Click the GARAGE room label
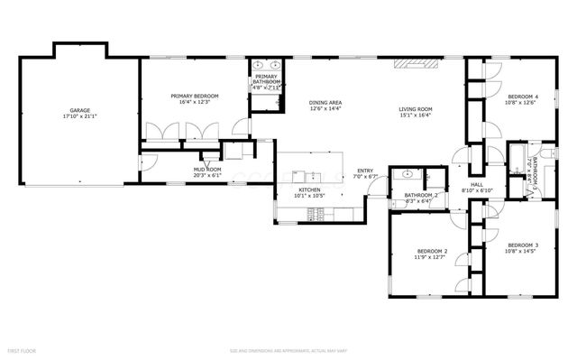79,110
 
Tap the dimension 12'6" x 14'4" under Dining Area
325,110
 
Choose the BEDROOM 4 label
522,97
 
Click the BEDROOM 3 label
522,245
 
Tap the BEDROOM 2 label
432,251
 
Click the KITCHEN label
309,189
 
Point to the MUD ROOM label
206,169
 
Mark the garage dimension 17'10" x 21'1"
79,116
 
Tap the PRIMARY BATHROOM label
265,79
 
